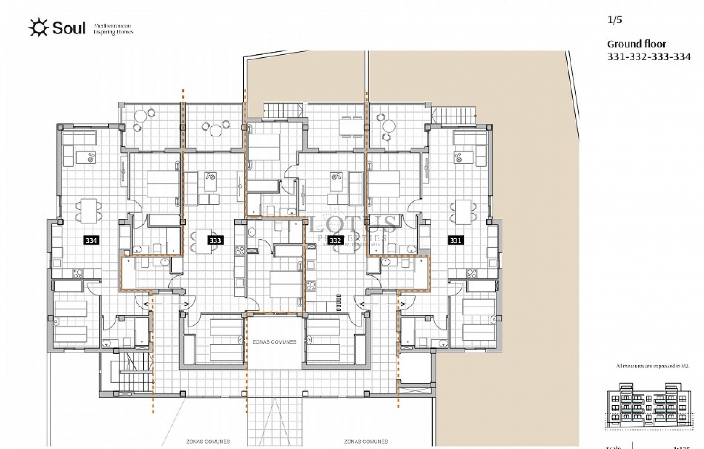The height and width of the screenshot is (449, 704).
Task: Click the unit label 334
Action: coord(91,240)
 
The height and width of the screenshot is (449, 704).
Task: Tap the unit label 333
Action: coord(215,240)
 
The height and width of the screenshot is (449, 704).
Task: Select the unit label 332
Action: coord(335,240)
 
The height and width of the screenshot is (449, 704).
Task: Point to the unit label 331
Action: coord(455,240)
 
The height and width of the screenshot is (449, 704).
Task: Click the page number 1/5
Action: coord(615,20)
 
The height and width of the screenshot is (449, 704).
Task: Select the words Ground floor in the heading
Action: coord(637,44)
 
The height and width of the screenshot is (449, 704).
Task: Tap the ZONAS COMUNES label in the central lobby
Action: coord(274,342)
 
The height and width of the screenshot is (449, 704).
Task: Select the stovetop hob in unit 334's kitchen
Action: coord(78,273)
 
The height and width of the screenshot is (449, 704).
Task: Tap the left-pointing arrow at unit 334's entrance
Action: coord(148,304)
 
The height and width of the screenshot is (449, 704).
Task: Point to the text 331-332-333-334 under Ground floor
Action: coord(649,57)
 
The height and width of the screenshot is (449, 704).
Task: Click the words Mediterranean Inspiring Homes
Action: coord(113,29)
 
